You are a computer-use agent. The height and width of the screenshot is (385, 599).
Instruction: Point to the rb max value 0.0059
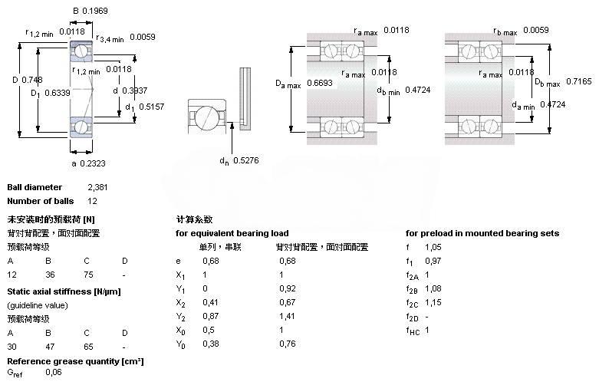point(536,31)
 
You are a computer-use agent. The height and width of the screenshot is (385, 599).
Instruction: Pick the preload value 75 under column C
point(89,275)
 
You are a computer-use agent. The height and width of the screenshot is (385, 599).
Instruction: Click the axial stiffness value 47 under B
point(50,333)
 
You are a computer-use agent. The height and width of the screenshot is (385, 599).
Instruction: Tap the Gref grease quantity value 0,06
point(54,372)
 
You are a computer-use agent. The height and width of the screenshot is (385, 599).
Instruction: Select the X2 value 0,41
point(208,302)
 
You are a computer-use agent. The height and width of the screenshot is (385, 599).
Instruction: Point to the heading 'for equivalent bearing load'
point(232,233)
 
